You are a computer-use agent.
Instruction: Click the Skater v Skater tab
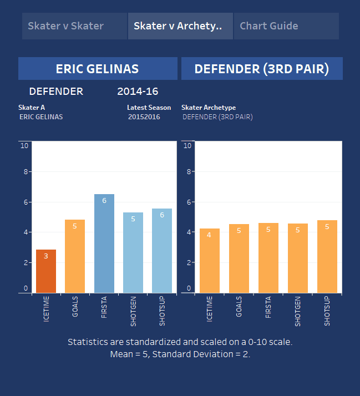(74, 26)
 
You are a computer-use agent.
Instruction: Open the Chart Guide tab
(286, 26)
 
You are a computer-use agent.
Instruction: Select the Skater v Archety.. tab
(180, 26)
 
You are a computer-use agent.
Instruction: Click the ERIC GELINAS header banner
(98, 69)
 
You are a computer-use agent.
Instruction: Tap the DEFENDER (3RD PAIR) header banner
(262, 69)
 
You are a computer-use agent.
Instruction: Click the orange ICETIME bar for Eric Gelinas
(46, 271)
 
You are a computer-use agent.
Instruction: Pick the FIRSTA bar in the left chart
(104, 243)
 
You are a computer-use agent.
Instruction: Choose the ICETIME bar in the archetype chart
(210, 261)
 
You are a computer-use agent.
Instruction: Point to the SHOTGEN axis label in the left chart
(133, 311)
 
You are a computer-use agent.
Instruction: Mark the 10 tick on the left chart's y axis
(24, 146)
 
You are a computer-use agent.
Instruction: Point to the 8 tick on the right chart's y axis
(187, 172)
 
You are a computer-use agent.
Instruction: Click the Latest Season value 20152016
(144, 117)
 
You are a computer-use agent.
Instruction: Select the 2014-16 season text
(138, 92)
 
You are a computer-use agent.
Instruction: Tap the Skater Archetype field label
(209, 108)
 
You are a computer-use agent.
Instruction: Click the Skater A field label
(32, 108)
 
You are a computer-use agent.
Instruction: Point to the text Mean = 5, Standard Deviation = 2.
(180, 354)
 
